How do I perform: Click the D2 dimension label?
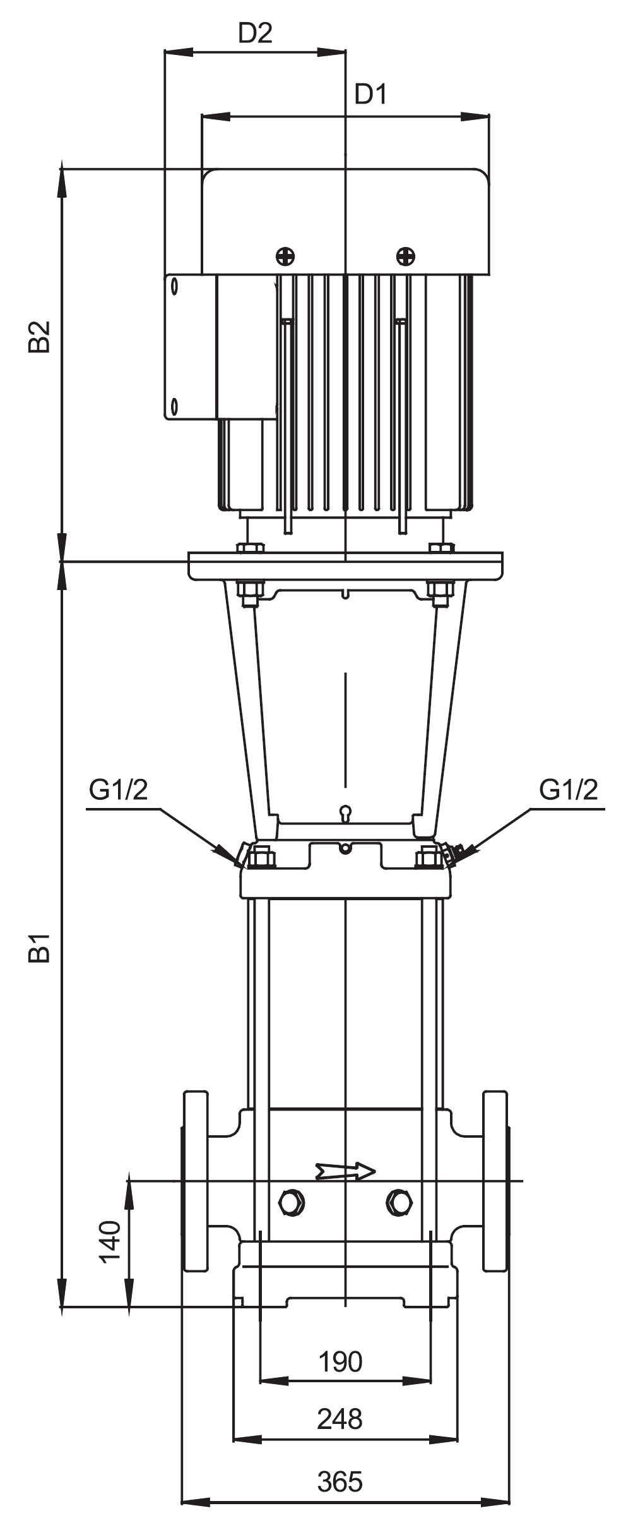(x=255, y=33)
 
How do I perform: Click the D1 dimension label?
(x=370, y=95)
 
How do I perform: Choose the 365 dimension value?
(x=341, y=1476)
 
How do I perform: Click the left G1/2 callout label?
(x=118, y=790)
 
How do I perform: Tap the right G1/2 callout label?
(x=568, y=790)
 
